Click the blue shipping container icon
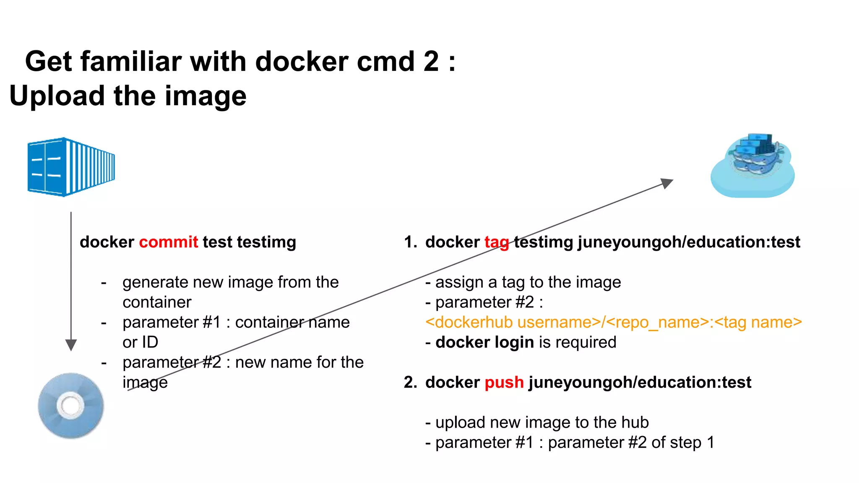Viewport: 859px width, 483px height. [71, 167]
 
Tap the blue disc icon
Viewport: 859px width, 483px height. [71, 405]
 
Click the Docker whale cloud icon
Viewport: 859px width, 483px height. [753, 166]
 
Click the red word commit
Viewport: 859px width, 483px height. [168, 242]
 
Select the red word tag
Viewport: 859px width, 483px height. [497, 242]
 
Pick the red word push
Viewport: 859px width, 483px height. [504, 382]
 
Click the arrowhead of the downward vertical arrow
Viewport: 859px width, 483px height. [71, 345]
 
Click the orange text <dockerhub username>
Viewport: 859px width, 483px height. [513, 322]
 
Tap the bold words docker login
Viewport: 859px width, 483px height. [484, 342]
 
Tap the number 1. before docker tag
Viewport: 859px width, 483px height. [410, 242]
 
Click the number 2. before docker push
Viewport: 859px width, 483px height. [410, 382]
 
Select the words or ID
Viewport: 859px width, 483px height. [140, 342]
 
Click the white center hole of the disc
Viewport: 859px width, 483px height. [70, 405]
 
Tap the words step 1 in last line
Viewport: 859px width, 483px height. [693, 442]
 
